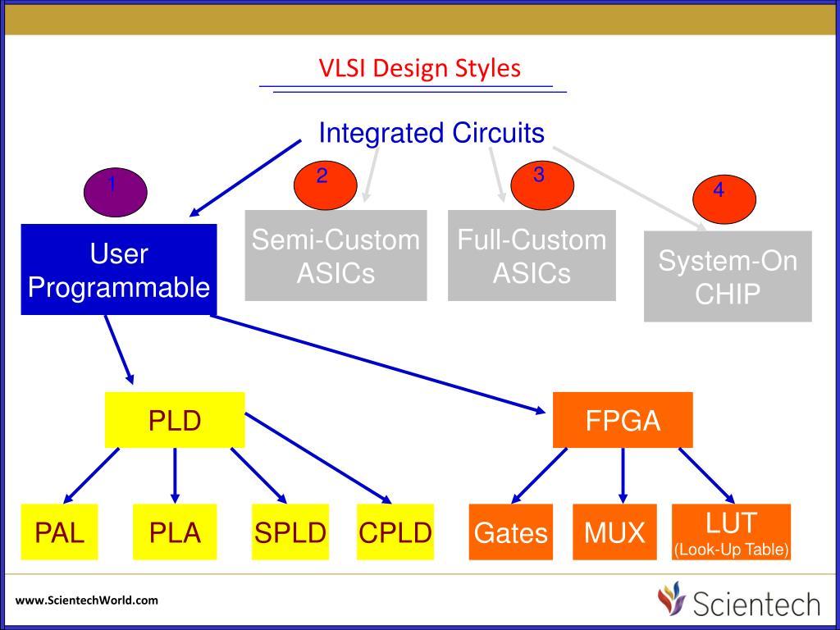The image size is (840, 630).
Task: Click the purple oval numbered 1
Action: pyautogui.click(x=116, y=192)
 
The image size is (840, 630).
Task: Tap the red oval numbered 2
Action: pyautogui.click(x=325, y=185)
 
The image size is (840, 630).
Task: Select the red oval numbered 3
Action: pyautogui.click(x=542, y=185)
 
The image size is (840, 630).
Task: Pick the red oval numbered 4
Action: pyautogui.click(x=724, y=199)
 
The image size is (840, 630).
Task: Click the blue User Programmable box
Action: pyautogui.click(x=119, y=269)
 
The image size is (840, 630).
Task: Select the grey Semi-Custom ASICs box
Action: pyautogui.click(x=336, y=256)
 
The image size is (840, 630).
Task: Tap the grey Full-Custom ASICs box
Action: pyautogui.click(x=532, y=256)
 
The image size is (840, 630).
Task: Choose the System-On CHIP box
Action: pyautogui.click(x=728, y=276)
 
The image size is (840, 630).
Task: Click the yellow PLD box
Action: pyautogui.click(x=175, y=420)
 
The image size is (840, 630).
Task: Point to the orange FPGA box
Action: pyautogui.click(x=623, y=420)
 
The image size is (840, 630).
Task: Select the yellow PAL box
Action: pyautogui.click(x=59, y=532)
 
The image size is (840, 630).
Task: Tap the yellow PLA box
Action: pyautogui.click(x=175, y=532)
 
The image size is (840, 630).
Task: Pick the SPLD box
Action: pyautogui.click(x=290, y=532)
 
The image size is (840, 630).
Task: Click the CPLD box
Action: pyautogui.click(x=395, y=532)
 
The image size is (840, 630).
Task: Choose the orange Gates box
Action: pyautogui.click(x=510, y=532)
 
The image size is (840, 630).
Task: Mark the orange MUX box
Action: pyautogui.click(x=614, y=532)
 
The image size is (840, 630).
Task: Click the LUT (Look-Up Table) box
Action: pyautogui.click(x=731, y=532)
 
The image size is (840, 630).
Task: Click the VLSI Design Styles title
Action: pyautogui.click(x=420, y=69)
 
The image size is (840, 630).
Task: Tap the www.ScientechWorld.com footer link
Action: pyautogui.click(x=87, y=600)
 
